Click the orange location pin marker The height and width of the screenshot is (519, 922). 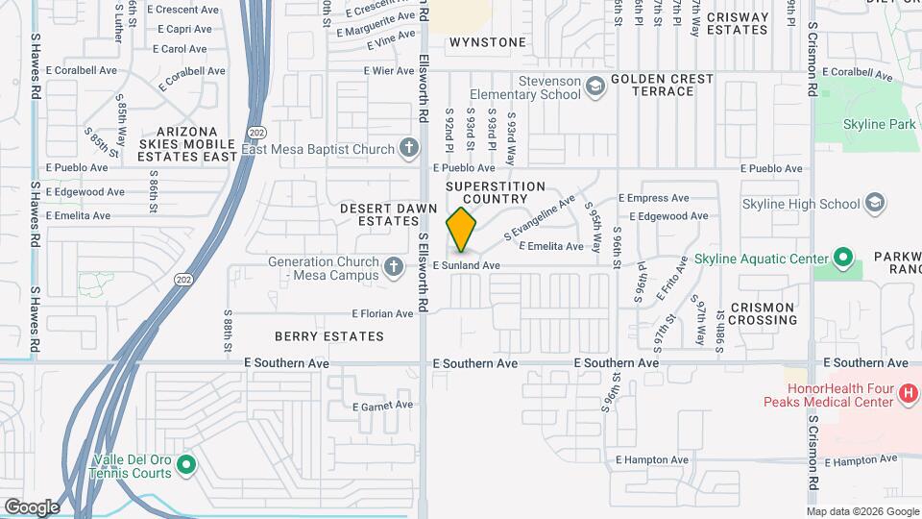coord(462,230)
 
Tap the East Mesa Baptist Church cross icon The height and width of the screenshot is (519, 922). coord(409,149)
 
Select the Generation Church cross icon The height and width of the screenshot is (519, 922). coord(393,267)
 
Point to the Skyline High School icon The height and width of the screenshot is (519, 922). coord(874,203)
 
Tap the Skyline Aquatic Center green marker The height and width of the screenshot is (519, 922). coord(843,259)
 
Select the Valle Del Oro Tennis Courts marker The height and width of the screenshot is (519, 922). coord(186,466)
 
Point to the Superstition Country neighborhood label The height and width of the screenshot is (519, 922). coord(496,192)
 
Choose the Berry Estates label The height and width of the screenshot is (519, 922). coord(328,336)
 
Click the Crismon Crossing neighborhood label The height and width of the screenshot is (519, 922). coord(762,313)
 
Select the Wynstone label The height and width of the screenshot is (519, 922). coord(488,42)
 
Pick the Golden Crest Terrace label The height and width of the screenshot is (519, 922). coord(662,85)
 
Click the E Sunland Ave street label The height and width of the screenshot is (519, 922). coord(467,265)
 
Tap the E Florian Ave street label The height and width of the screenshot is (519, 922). coord(381,313)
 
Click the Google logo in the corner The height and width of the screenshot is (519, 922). coord(32,507)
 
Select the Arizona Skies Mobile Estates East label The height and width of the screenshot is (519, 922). coord(187,143)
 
